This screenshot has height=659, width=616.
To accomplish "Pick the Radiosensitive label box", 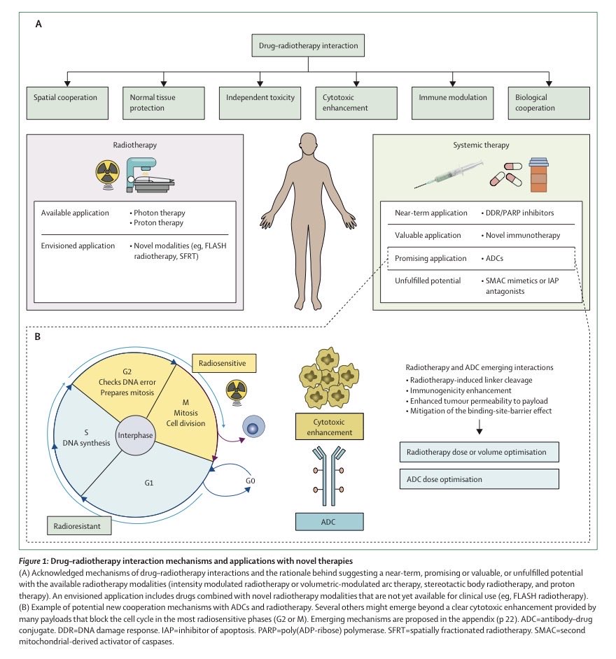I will pos(224,363).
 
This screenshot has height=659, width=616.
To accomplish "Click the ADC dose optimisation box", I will pos(479,479).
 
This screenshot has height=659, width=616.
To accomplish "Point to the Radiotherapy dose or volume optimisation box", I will pos(479,451).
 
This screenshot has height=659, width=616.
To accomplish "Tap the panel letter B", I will pos(38,336).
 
